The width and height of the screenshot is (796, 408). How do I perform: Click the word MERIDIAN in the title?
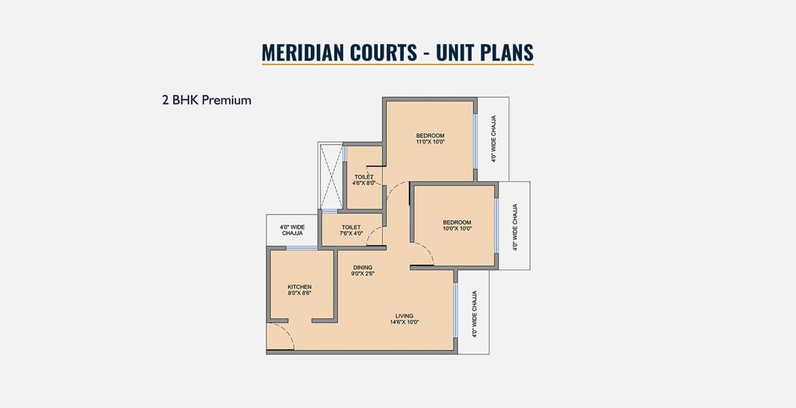(x=296, y=52)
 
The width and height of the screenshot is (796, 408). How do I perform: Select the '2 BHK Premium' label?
(x=207, y=100)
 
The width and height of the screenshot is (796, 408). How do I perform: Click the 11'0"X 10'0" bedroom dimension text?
(x=430, y=141)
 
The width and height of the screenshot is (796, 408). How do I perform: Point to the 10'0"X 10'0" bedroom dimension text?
(x=457, y=228)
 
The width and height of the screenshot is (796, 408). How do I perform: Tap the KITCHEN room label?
(x=300, y=286)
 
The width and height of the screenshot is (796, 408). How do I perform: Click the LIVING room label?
(x=404, y=316)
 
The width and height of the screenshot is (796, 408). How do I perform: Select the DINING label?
(x=362, y=267)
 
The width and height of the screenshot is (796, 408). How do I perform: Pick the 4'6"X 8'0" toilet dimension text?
(x=364, y=183)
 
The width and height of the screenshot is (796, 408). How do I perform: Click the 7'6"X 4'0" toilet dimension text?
(x=351, y=233)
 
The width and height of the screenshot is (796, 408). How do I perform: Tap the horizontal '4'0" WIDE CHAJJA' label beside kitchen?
(x=292, y=230)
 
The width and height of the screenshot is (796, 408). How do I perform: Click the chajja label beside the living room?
(x=474, y=314)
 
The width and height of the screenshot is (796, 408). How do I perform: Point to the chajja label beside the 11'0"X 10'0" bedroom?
(x=494, y=139)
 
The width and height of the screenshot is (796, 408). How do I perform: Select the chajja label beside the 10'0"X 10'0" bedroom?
(x=515, y=227)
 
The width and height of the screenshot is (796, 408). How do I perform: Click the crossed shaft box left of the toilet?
(x=331, y=177)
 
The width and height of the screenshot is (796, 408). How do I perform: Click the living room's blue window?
(x=455, y=310)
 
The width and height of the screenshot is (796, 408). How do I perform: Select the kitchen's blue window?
(x=302, y=248)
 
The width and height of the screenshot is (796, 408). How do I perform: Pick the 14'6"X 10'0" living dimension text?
(x=404, y=322)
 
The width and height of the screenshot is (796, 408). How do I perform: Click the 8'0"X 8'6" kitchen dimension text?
(x=300, y=292)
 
